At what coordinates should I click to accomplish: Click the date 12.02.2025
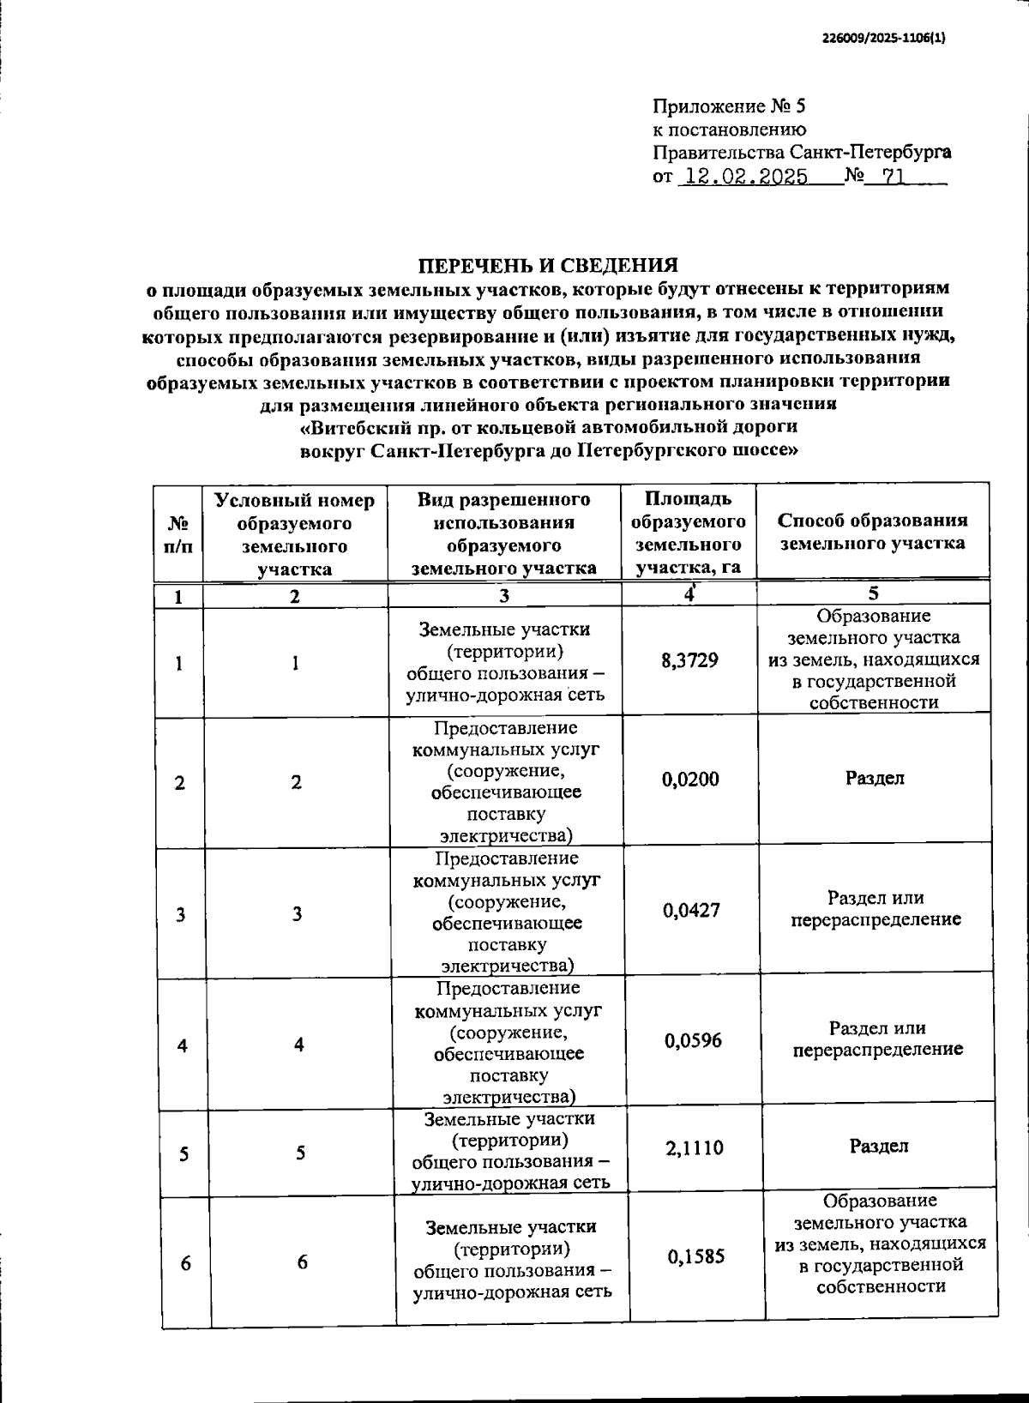[x=743, y=178]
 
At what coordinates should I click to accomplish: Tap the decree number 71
[x=894, y=178]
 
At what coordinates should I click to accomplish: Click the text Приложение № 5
[x=730, y=107]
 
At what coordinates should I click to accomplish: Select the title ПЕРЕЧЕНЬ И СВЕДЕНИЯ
[x=547, y=265]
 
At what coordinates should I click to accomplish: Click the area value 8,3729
[x=690, y=660]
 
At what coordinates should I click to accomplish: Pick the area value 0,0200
[x=690, y=780]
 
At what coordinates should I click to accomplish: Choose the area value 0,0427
[x=691, y=910]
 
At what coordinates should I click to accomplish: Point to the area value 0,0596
[x=693, y=1041]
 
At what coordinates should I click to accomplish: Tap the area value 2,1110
[x=695, y=1147]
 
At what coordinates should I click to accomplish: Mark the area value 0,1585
[x=696, y=1256]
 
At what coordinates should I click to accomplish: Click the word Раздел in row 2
[x=875, y=779]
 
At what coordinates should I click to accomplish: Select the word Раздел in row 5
[x=879, y=1147]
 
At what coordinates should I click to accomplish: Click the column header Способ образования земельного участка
[x=873, y=532]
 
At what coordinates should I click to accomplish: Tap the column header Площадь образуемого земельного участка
[x=689, y=533]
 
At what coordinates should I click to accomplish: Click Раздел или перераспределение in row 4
[x=877, y=1039]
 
